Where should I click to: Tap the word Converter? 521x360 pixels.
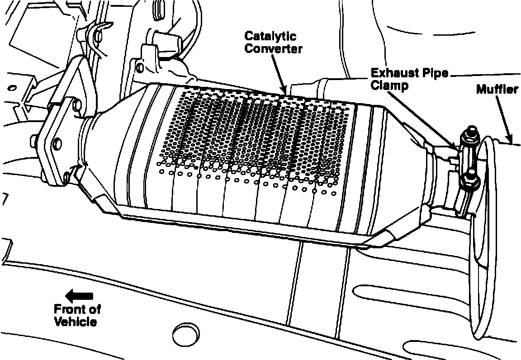(x=273, y=49)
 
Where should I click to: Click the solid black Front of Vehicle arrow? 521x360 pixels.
(x=79, y=297)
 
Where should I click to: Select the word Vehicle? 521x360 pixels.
(x=75, y=322)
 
